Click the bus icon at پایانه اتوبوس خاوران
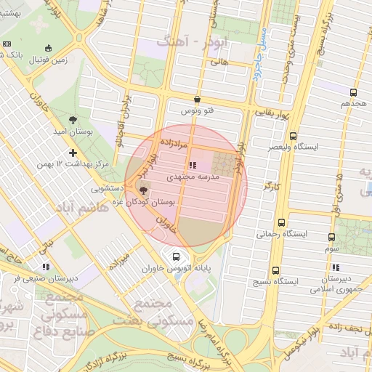pyautogui.click(x=175, y=256)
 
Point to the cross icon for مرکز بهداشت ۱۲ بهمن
pyautogui.click(x=72, y=153)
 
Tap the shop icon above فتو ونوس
pyautogui.click(x=198, y=100)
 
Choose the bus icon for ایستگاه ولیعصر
pyautogui.click(x=293, y=136)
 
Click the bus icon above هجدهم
pyautogui.click(x=353, y=93)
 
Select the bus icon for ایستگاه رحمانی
pyautogui.click(x=281, y=223)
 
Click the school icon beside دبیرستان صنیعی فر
pyautogui.click(x=46, y=267)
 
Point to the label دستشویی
pyautogui.click(x=107, y=187)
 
